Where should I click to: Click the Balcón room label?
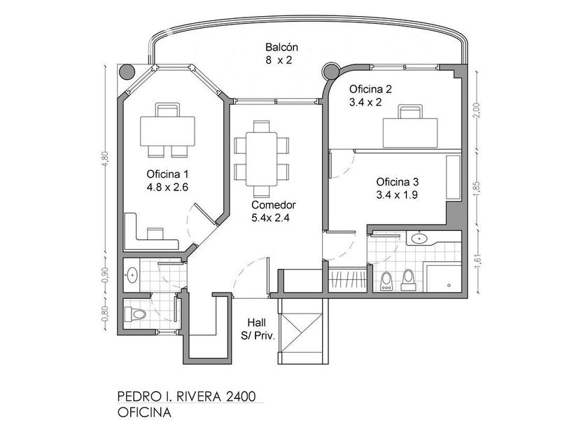(281, 48)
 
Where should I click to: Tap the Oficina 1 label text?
(167, 174)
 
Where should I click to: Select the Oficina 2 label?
(370, 90)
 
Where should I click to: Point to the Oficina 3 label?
(398, 182)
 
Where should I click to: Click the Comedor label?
(274, 204)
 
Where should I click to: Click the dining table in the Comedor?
(261, 159)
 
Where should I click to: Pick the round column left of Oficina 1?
(127, 71)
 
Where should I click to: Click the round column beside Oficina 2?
(331, 71)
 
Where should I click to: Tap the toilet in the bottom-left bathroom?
(135, 314)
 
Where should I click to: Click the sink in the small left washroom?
(132, 275)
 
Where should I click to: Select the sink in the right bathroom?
(419, 238)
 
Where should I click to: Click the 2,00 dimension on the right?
(477, 111)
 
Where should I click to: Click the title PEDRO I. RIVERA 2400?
(187, 396)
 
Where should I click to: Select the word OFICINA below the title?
(144, 412)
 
